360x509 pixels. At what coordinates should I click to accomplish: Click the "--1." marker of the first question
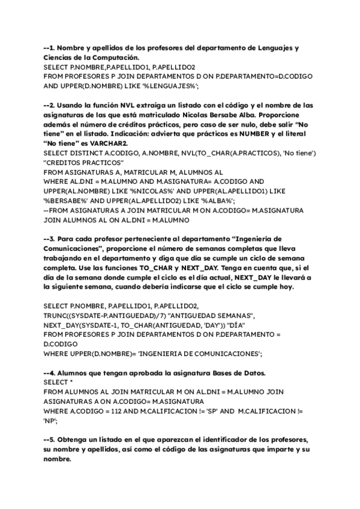50,47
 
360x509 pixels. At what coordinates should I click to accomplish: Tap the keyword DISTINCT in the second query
85,154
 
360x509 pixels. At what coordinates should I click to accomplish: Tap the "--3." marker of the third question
50,239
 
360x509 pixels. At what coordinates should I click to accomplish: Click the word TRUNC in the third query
56,316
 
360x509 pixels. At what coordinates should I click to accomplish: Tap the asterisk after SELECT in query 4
71,383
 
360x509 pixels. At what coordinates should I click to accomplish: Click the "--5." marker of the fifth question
50,441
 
